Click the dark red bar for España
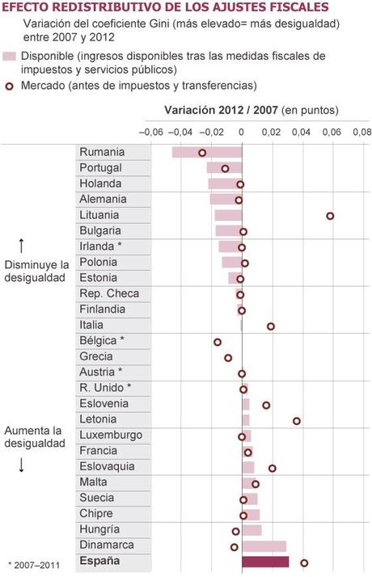coord(264,562)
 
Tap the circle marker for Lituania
coord(330,216)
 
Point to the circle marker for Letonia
coord(297,420)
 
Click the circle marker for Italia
coord(271,326)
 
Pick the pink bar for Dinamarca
coord(264,545)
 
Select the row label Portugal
coord(101,168)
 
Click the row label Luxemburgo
coord(111,436)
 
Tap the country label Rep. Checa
coord(109,293)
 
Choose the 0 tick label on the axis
coord(241,132)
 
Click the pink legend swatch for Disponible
coord(10,57)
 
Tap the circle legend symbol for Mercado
coord(10,85)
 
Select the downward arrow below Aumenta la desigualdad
coord(22,465)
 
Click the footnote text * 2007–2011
coord(35,564)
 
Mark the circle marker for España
coord(304,562)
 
